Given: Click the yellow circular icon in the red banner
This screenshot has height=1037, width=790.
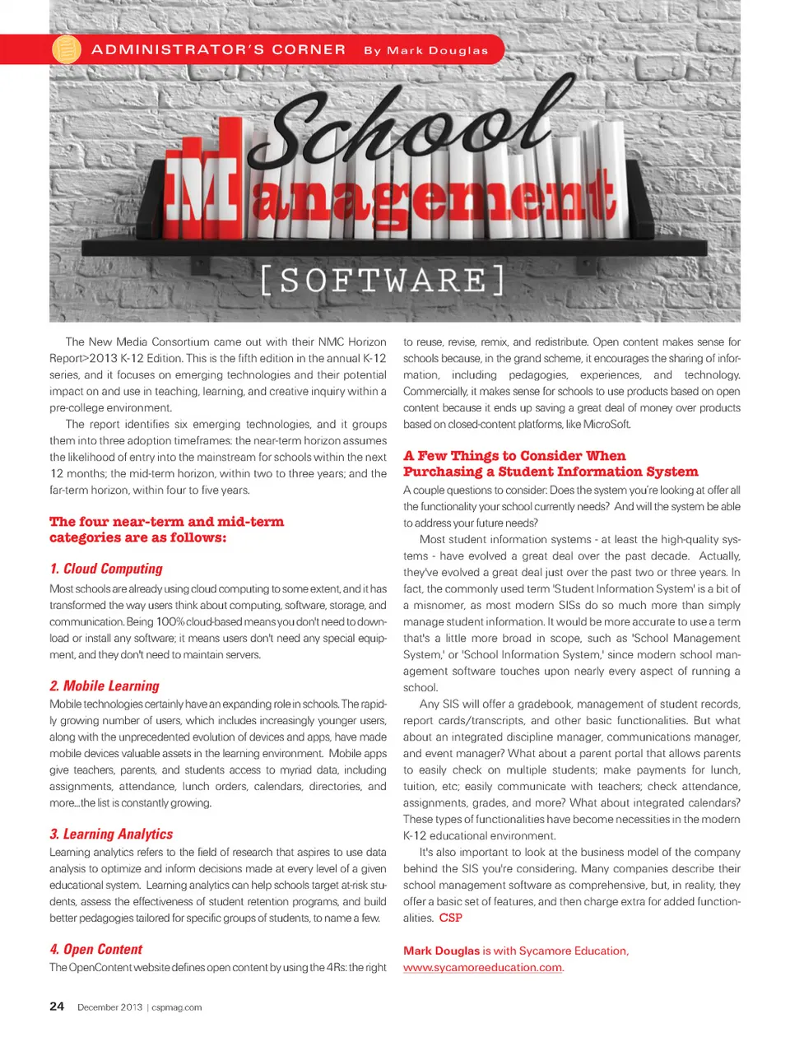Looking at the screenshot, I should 67,49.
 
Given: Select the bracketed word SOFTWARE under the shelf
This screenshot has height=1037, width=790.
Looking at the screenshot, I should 383,281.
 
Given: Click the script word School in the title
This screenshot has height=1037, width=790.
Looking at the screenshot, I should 411,123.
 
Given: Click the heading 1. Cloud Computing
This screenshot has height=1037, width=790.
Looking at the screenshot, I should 106,569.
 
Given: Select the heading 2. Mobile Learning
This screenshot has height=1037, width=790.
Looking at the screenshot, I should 105,686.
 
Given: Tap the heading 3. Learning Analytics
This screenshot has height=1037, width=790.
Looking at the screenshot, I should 111,834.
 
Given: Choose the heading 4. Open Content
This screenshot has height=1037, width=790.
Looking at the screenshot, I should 95,949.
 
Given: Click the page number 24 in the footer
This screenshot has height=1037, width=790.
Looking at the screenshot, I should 57,1006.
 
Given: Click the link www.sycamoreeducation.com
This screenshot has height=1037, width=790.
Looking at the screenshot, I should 482,967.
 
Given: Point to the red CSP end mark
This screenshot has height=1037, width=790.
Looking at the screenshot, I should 450,918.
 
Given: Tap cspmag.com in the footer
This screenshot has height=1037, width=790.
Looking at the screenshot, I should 176,1007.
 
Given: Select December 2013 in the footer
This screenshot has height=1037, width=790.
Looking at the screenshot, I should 109,1007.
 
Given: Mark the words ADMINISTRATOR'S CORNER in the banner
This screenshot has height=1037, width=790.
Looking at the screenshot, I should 218,49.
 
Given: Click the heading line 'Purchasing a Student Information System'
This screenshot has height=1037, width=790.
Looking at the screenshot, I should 550,472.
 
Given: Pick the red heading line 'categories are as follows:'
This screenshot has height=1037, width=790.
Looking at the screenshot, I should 137,537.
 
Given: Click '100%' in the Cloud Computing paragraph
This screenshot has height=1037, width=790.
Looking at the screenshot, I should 170,621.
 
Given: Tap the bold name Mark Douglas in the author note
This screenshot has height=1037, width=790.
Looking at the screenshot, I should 441,951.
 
